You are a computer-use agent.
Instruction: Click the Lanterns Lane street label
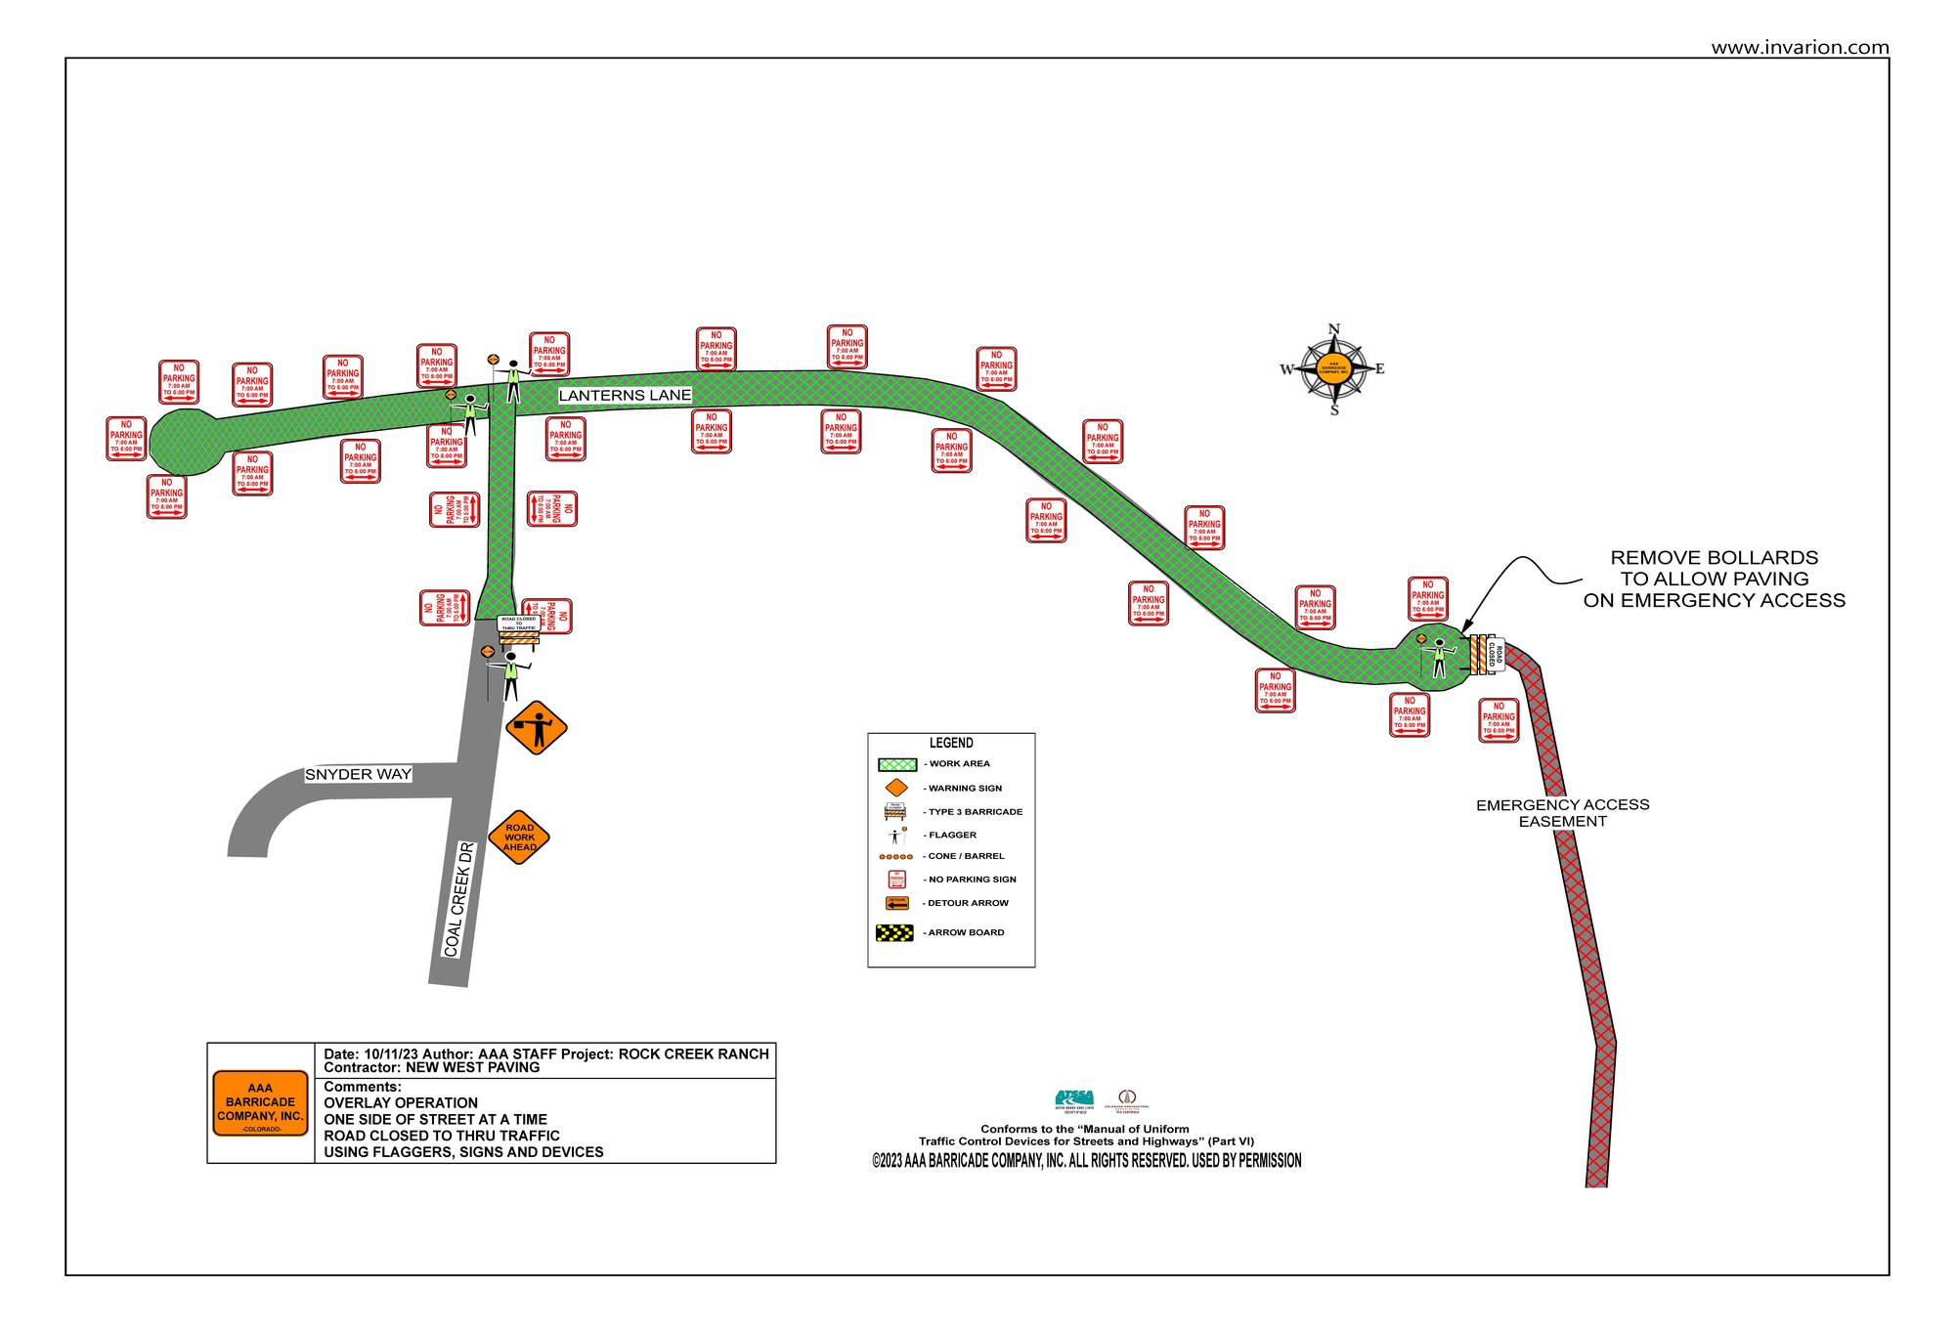tap(625, 395)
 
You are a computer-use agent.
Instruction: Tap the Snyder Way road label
tap(358, 774)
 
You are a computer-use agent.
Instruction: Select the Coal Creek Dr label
tap(458, 899)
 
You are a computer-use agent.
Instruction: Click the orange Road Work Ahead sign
tap(519, 838)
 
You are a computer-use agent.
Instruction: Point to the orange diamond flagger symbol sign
tap(537, 728)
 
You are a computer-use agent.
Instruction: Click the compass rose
tap(1333, 369)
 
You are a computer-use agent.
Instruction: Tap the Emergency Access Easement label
tap(1562, 813)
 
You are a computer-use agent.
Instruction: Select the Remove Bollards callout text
tap(1715, 579)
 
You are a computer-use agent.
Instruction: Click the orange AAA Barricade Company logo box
tap(260, 1103)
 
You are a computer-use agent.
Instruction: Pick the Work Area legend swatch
tap(896, 764)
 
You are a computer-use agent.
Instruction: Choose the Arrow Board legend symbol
tap(894, 932)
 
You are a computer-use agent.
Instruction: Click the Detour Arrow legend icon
tap(896, 903)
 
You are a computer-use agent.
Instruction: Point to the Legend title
tap(951, 743)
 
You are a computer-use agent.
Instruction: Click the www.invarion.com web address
tap(1800, 47)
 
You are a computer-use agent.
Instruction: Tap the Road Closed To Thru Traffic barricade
tap(519, 630)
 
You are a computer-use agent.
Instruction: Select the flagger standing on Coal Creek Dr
tap(510, 675)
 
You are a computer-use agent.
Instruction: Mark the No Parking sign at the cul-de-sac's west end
tap(126, 439)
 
